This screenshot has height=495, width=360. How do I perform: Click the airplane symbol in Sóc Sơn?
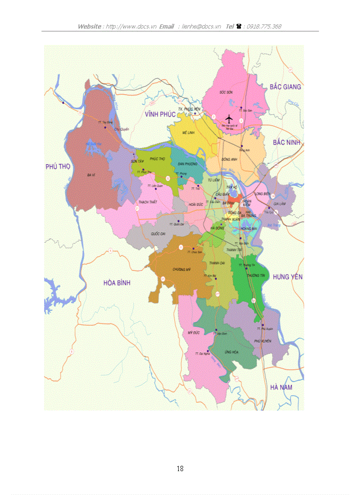click(x=229, y=119)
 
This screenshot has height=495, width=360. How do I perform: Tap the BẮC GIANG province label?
click(x=285, y=87)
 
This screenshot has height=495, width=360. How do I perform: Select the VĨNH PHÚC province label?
click(x=160, y=114)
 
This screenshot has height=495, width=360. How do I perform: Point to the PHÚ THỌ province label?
click(x=59, y=166)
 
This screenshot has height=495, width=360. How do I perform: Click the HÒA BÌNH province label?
click(x=117, y=283)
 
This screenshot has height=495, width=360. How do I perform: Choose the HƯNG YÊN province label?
click(x=287, y=276)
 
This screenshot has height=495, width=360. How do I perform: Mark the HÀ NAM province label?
click(x=281, y=387)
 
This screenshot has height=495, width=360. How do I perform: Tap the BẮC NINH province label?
click(x=286, y=142)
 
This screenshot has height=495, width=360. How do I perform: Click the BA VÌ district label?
click(x=91, y=175)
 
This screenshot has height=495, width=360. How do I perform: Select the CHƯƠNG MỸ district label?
click(x=182, y=269)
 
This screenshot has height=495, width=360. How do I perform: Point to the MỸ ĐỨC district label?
click(x=194, y=332)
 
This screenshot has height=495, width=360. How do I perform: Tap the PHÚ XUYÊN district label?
click(x=262, y=341)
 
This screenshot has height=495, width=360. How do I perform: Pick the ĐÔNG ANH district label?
click(x=230, y=160)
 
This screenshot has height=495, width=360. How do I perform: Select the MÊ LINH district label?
click(x=189, y=132)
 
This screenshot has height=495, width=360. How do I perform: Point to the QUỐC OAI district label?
click(x=157, y=234)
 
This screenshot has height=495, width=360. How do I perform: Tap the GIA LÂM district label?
click(x=280, y=204)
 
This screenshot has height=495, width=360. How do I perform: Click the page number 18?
click(x=180, y=469)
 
